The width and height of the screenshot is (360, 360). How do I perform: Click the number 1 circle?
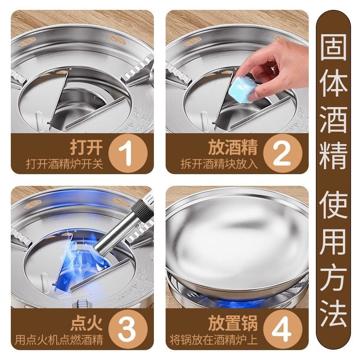click(x=128, y=153)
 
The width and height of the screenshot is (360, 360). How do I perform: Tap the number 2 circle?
click(x=283, y=153)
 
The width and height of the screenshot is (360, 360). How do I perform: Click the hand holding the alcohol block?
click(x=274, y=67)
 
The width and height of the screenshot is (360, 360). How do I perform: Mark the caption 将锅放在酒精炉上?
click(x=216, y=340)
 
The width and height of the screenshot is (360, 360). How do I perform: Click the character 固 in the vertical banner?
click(x=333, y=46)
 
